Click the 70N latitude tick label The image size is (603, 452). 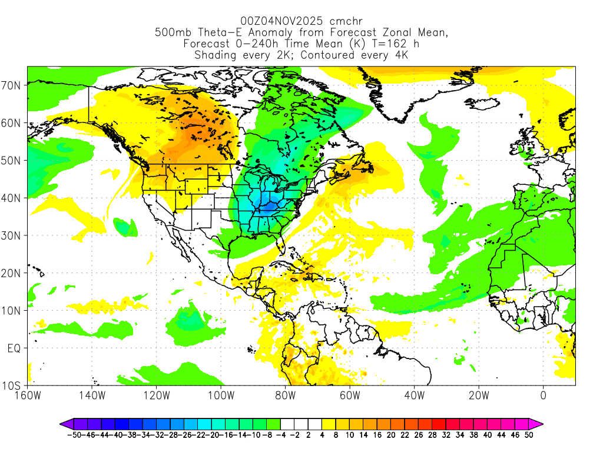point(13,85)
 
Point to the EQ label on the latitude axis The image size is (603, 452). point(15,348)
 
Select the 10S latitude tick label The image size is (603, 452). point(13,386)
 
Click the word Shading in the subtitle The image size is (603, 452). point(216,55)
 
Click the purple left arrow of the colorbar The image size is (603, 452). point(65,423)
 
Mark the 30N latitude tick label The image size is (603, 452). point(13,235)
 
